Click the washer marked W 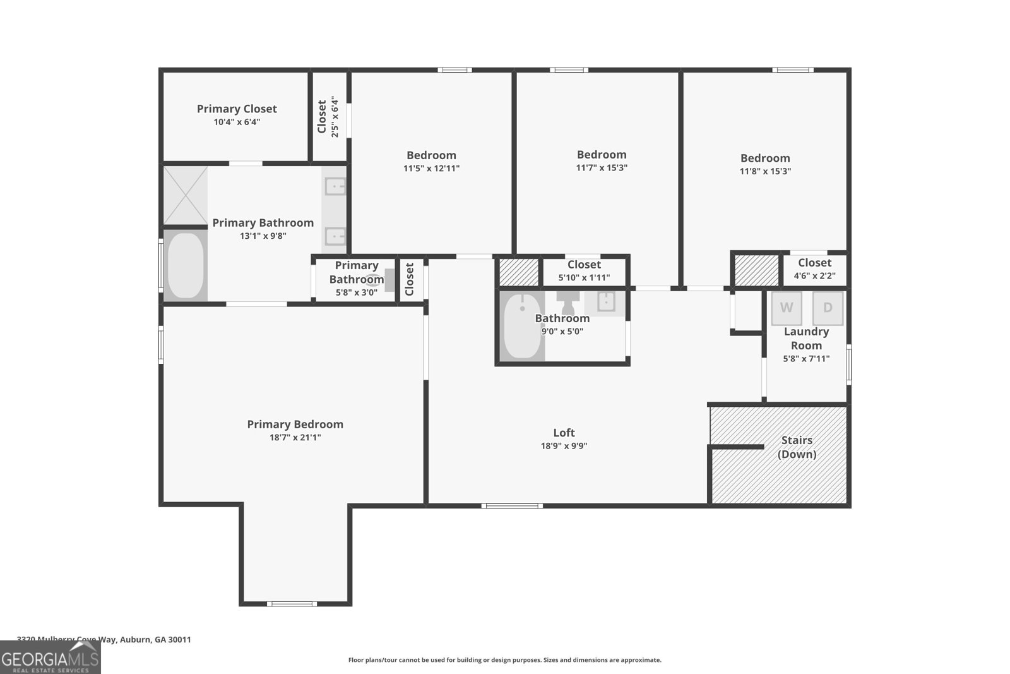tap(787, 308)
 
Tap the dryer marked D tap(828, 308)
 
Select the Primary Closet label tap(237, 109)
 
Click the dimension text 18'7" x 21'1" tap(295, 437)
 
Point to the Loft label tap(564, 433)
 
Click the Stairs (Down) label tap(797, 447)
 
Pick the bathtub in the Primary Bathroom tap(186, 266)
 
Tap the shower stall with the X tap(186, 195)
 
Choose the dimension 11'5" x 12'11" tap(431, 169)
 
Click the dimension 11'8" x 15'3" tap(765, 171)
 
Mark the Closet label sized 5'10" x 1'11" tap(584, 265)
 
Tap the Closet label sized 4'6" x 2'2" tap(814, 263)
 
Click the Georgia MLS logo tap(50, 658)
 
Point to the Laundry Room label tap(806, 339)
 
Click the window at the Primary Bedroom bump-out tap(291, 604)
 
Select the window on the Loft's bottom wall tap(512, 505)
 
